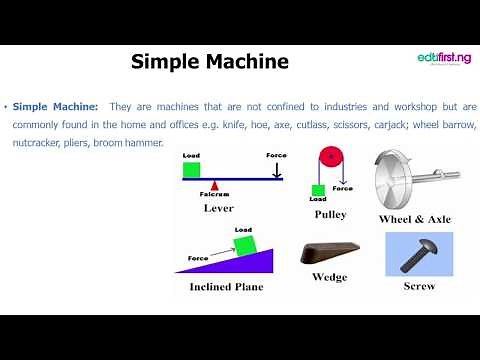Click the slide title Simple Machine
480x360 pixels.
pos(210,62)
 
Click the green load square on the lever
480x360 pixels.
pos(192,170)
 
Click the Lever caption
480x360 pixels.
pos(218,208)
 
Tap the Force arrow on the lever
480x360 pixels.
pos(276,169)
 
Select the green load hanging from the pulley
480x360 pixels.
pos(317,190)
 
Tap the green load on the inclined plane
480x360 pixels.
pos(244,246)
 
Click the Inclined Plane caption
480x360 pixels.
pos(226,286)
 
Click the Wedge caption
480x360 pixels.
pos(329,277)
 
